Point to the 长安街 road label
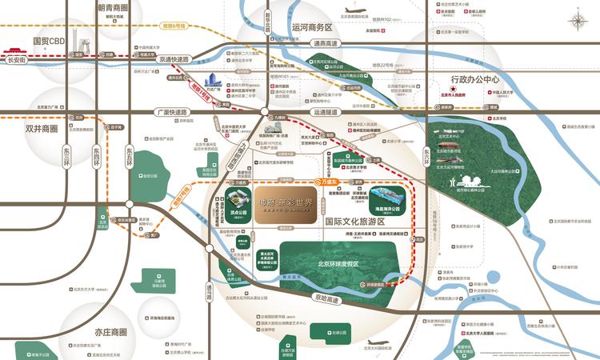(17, 59)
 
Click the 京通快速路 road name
(174, 59)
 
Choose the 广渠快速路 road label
(172, 112)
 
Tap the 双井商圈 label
(42, 128)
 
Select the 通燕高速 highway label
(326, 44)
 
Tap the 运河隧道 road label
(322, 113)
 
